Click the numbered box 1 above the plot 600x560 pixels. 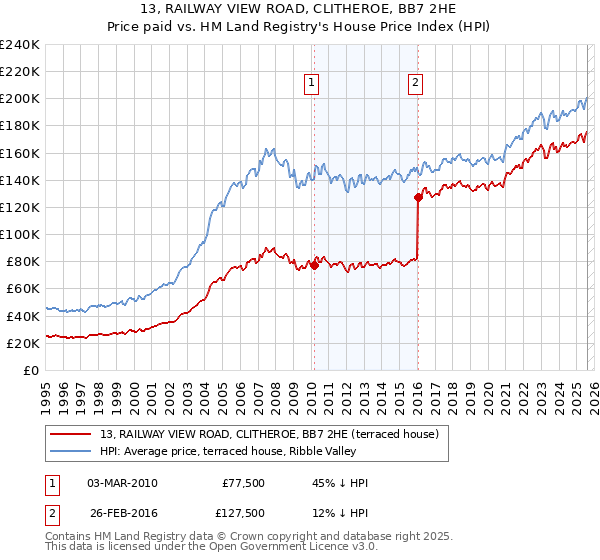pos(312,84)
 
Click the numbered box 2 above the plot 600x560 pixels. pos(415,84)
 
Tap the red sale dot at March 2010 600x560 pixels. pos(314,265)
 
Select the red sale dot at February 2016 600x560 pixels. pos(418,198)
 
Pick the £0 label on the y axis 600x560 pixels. pos(31,370)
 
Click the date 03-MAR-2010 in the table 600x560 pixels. pos(122,483)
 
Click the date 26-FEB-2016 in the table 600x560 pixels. pos(122,513)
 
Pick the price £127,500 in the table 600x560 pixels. pos(241,513)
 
